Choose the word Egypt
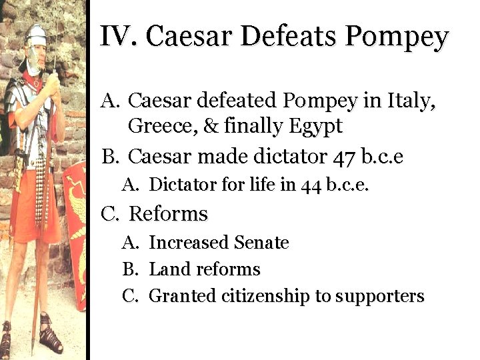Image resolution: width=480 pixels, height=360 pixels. tap(314, 126)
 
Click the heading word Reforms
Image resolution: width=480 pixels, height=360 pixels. tap(168, 214)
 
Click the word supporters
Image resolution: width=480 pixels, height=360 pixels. tap(380, 297)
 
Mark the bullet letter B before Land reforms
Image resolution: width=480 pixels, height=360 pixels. tap(129, 269)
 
